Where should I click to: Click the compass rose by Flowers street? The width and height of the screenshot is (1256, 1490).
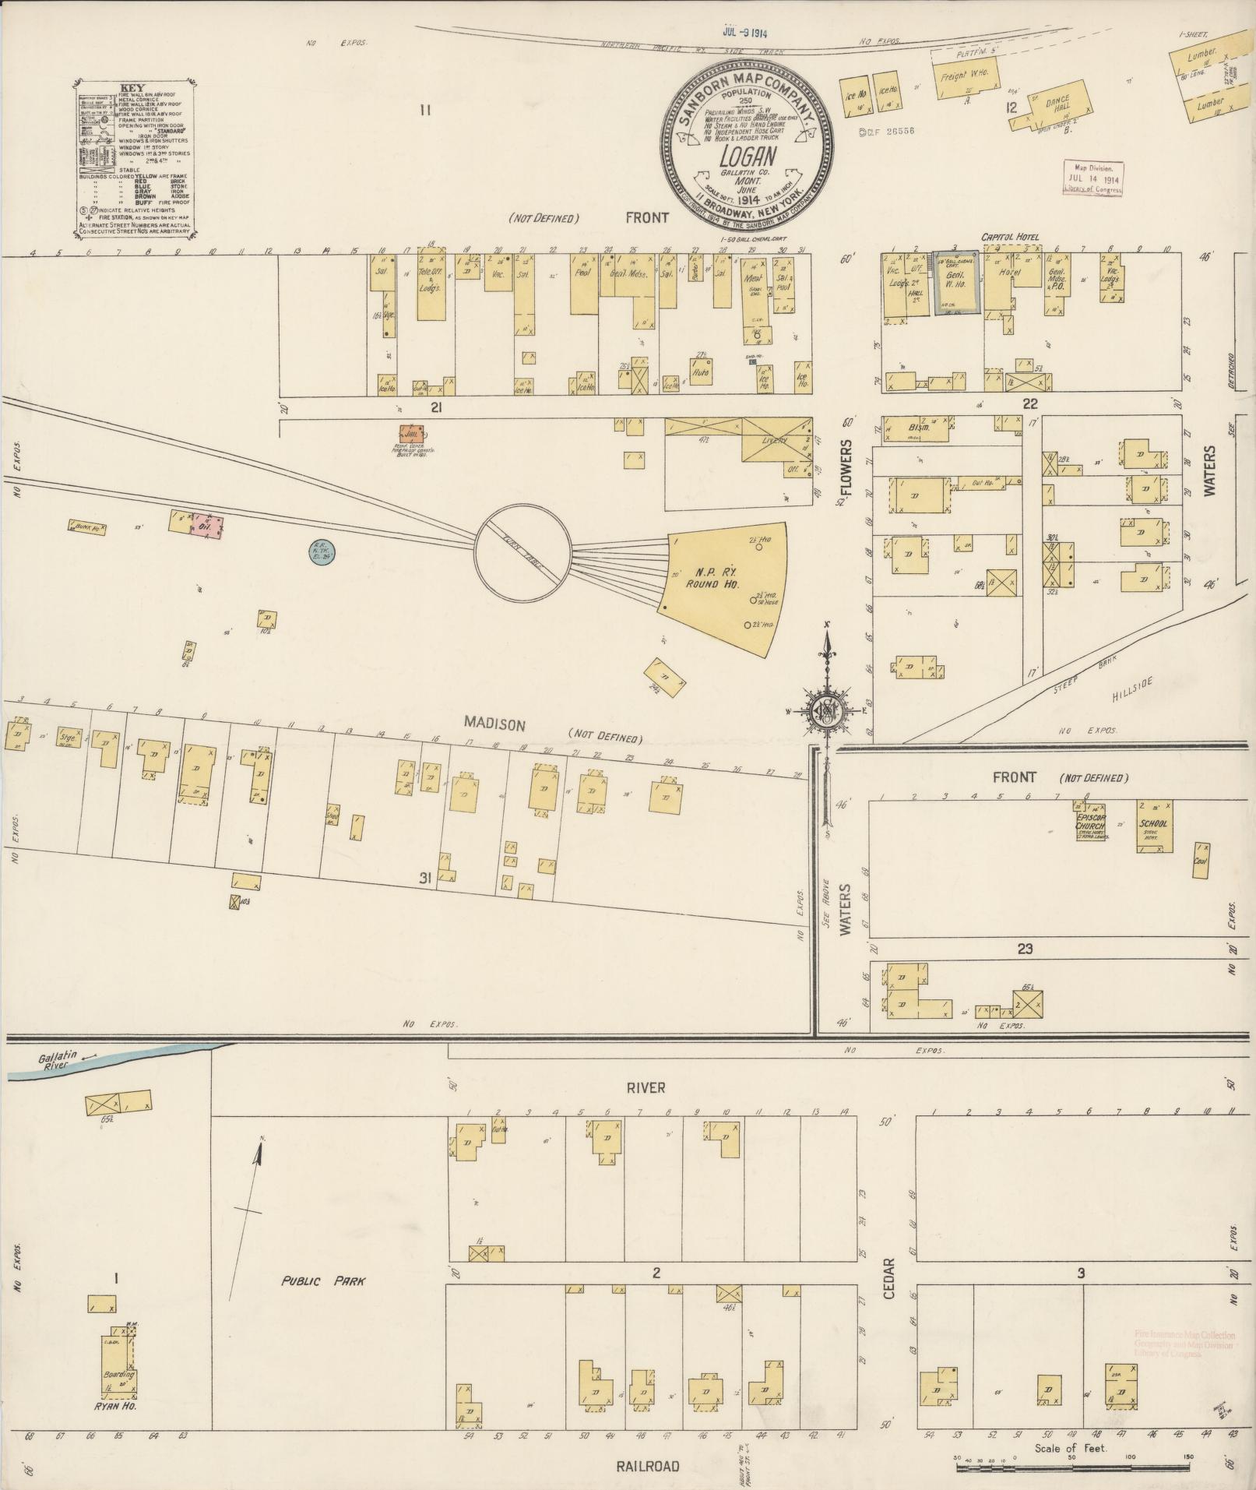(x=826, y=709)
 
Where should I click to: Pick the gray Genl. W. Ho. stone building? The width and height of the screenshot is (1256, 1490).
(x=955, y=283)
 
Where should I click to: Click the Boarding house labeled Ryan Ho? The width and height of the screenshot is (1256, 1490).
(x=118, y=1377)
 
